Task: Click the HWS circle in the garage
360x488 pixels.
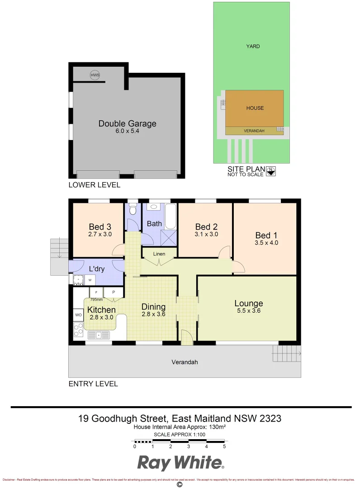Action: [x=95, y=75]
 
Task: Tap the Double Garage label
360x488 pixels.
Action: [x=127, y=123]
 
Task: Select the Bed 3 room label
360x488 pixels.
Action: [x=99, y=227]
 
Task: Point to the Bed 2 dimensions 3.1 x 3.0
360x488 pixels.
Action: [x=207, y=234]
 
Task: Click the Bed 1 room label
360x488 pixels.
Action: [x=266, y=235]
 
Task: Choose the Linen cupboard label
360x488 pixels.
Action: [x=159, y=254]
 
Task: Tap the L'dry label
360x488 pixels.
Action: [x=96, y=269]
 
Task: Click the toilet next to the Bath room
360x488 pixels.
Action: [x=133, y=209]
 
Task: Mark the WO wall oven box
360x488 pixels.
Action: [x=78, y=314]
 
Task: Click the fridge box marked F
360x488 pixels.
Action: [x=97, y=292]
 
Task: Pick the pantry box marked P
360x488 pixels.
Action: [x=114, y=292]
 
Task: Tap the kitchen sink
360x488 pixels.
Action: [x=99, y=335]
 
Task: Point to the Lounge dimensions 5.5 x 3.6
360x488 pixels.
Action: [x=248, y=311]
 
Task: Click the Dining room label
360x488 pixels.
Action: [x=153, y=307]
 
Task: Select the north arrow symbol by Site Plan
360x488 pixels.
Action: [x=270, y=171]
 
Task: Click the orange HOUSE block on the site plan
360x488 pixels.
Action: [x=255, y=108]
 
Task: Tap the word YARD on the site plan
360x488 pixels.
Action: [x=253, y=46]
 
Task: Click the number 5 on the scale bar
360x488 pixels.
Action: [x=224, y=446]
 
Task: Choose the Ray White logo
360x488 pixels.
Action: [x=180, y=463]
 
